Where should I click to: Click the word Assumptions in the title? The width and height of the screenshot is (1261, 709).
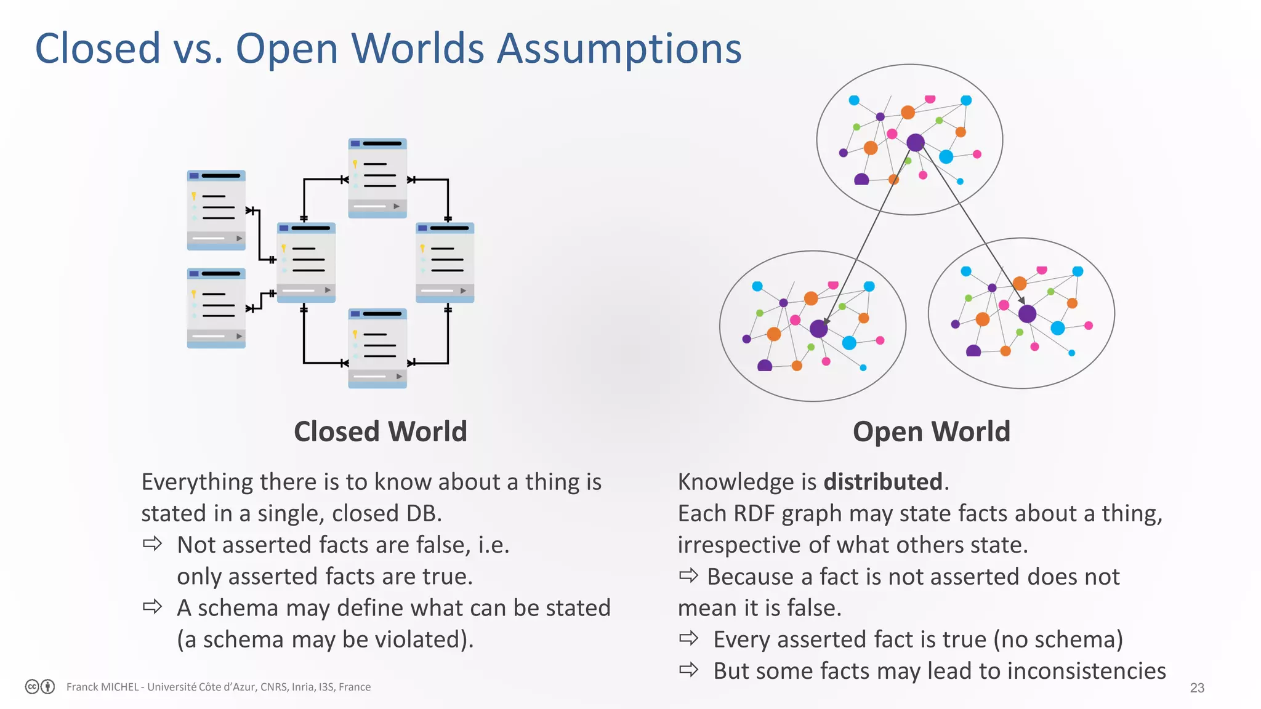[x=619, y=49]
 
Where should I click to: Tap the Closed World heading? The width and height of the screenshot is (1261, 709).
[x=380, y=431]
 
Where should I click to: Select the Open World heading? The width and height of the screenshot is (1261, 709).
[x=931, y=431]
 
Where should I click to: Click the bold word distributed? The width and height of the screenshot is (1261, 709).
[x=883, y=482]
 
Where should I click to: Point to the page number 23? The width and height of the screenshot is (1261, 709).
[x=1196, y=687]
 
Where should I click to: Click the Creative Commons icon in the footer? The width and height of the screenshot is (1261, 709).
[x=33, y=687]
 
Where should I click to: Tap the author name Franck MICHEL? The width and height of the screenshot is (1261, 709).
[x=102, y=687]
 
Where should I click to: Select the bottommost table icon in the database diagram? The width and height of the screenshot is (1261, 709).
[x=377, y=348]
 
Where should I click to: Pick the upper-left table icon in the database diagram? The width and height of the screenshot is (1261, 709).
[x=216, y=210]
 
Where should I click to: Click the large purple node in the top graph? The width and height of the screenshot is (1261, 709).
[x=916, y=143]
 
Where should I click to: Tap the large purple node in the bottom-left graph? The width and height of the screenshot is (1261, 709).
[x=818, y=329]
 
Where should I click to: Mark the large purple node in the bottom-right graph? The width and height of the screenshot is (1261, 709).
[x=1027, y=314]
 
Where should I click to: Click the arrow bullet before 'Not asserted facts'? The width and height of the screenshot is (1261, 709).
[x=152, y=544]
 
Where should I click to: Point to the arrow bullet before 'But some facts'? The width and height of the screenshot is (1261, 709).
[x=689, y=670]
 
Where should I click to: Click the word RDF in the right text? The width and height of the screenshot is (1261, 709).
[x=757, y=513]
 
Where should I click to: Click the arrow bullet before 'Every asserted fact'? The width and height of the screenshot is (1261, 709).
[x=689, y=638]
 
